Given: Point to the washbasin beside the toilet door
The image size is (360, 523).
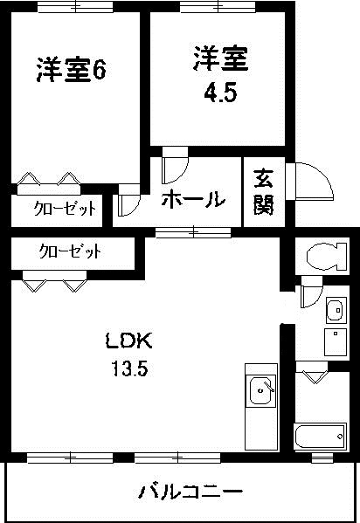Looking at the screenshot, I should pyautogui.click(x=335, y=310).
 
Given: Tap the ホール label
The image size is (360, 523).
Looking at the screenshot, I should pyautogui.click(x=192, y=199).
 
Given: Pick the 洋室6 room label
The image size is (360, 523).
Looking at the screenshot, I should pyautogui.click(x=71, y=71).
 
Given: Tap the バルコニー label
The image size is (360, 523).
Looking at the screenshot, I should pyautogui.click(x=190, y=492).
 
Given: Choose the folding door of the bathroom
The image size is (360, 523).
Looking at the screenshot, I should pyautogui.click(x=315, y=374).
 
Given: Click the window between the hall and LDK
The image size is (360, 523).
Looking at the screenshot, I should pyautogui.click(x=192, y=232).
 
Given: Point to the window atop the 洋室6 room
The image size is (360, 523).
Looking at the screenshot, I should pyautogui.click(x=75, y=8).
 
